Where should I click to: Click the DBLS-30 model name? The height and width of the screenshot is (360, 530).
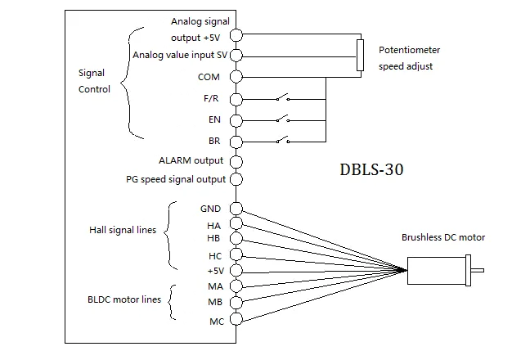[x=371, y=171]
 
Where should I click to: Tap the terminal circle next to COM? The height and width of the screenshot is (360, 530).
[x=236, y=78]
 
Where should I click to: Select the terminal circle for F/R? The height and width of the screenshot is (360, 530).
[x=236, y=99]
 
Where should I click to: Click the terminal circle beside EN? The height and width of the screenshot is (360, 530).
[x=236, y=120]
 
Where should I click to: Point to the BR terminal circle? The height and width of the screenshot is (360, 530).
[x=236, y=142]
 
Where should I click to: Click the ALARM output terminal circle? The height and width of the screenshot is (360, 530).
[x=236, y=162]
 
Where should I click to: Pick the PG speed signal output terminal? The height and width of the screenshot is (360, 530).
[x=236, y=179]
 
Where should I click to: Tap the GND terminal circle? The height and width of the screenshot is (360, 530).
[x=236, y=208]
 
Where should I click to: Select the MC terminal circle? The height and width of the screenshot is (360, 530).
[x=236, y=320]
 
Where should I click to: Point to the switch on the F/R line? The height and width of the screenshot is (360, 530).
[x=282, y=98]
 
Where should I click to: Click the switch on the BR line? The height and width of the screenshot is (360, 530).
[x=282, y=141]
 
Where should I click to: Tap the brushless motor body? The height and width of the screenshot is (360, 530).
[x=438, y=271]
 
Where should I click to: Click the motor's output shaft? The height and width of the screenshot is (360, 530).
[x=478, y=271]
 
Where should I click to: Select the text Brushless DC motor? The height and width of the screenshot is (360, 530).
[x=442, y=238]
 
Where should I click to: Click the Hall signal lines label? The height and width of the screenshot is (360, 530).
[x=123, y=231]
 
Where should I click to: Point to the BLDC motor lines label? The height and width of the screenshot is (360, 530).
[x=124, y=300]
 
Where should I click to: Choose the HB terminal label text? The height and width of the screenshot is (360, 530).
[x=214, y=238]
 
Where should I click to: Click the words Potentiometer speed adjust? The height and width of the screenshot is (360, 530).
[x=406, y=58]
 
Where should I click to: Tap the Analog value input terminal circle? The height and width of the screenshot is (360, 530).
[x=236, y=56]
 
